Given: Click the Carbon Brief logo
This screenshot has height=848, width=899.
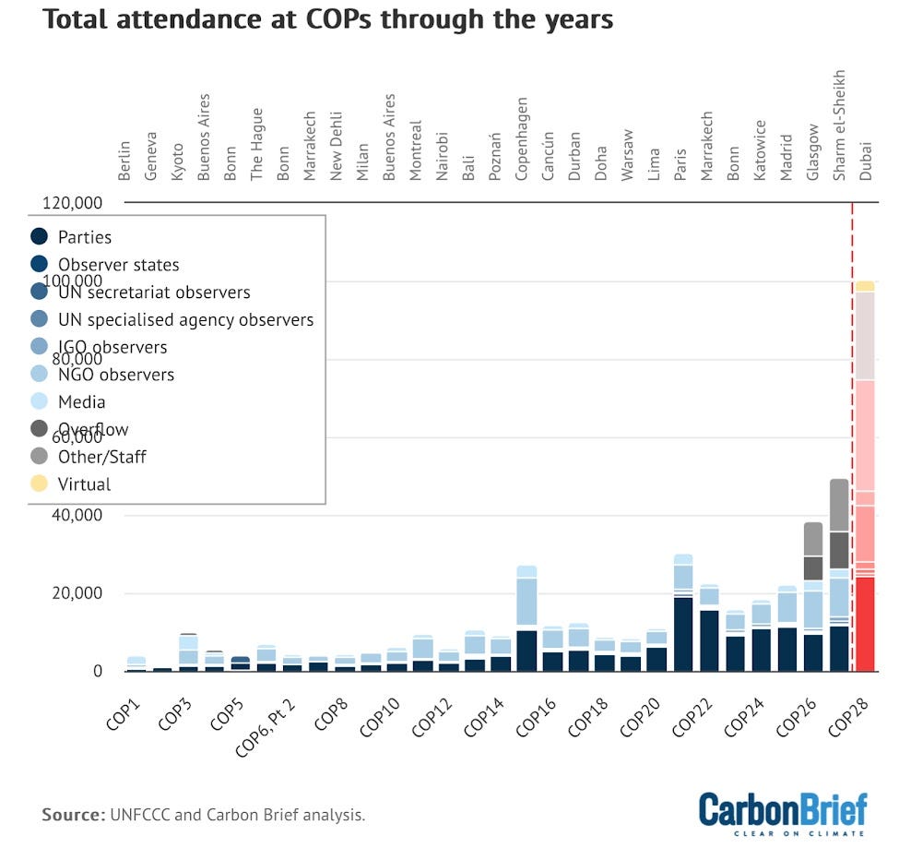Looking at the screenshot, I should (x=783, y=812).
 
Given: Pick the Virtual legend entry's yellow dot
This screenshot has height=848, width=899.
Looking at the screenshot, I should (x=39, y=484).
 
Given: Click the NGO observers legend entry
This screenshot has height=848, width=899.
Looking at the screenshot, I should (x=116, y=375).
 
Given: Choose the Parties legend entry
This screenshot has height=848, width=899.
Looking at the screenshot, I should (x=85, y=237).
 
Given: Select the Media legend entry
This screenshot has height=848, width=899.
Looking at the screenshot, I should (x=82, y=402).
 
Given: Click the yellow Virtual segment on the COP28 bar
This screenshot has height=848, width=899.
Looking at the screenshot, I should (x=865, y=286).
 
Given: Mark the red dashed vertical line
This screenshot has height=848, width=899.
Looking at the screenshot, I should (x=852, y=434).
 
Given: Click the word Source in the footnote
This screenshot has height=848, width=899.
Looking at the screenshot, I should (x=72, y=815).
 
